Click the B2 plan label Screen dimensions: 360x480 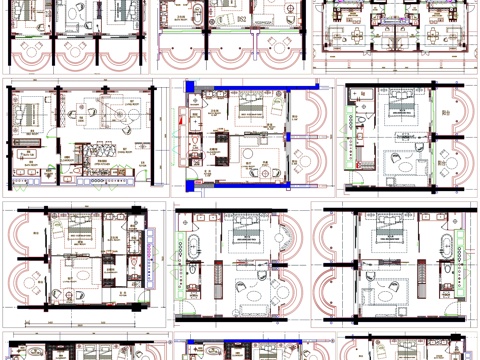click(x=241, y=19)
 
